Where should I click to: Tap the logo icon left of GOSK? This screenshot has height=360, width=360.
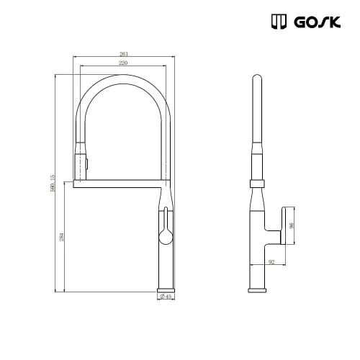click(280, 23)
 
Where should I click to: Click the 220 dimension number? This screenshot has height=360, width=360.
click(123, 64)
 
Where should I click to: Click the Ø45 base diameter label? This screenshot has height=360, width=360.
click(164, 297)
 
